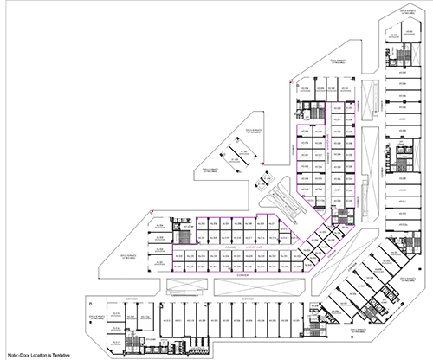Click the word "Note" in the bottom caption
(10, 355)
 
